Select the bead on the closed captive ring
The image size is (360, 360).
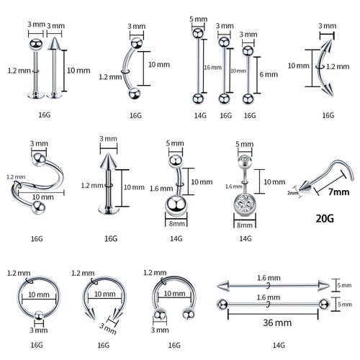pos(35,313)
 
